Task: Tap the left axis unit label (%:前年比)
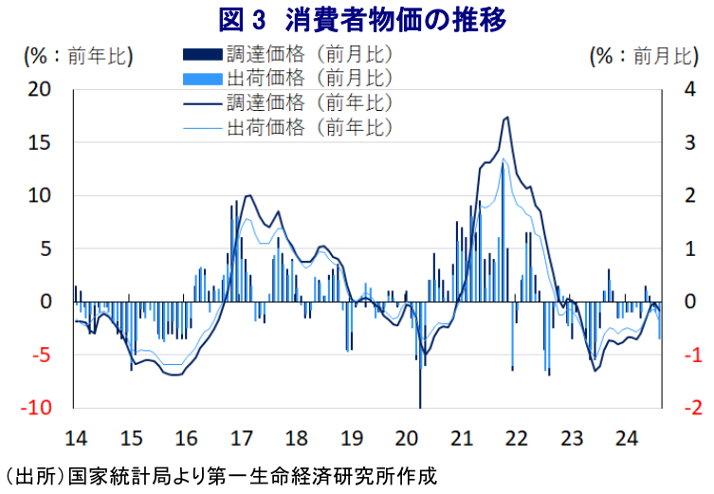pyautogui.click(x=78, y=56)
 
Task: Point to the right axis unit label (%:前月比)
pyautogui.click(x=644, y=56)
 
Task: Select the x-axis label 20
pyautogui.click(x=407, y=439)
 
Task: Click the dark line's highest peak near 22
pyautogui.click(x=507, y=118)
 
